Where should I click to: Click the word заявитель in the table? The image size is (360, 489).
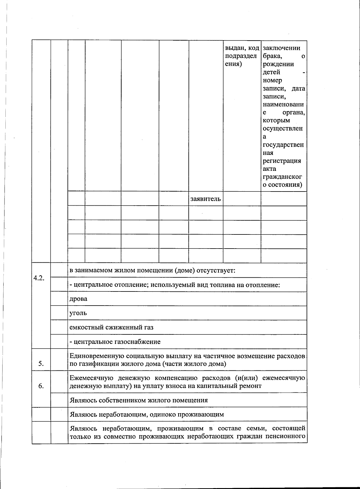click(205, 199)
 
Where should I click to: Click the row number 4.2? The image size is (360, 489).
click(39, 278)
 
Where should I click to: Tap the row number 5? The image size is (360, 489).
click(41, 364)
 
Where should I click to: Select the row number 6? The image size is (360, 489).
click(41, 386)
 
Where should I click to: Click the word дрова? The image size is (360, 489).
click(78, 299)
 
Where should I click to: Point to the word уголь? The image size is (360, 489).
click(78, 313)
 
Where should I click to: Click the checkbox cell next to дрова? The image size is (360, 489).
click(59, 299)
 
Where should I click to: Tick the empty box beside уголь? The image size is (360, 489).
click(59, 313)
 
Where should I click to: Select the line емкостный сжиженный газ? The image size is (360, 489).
click(111, 327)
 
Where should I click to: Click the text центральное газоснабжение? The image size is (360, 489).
click(117, 342)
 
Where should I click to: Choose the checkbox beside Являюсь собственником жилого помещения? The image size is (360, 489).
click(59, 400)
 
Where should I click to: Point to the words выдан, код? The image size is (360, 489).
click(242, 48)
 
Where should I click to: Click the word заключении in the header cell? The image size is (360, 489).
click(281, 48)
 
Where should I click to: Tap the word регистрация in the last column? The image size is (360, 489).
click(282, 161)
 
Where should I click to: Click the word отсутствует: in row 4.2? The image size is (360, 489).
click(216, 270)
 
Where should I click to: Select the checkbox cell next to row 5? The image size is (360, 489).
click(59, 360)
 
